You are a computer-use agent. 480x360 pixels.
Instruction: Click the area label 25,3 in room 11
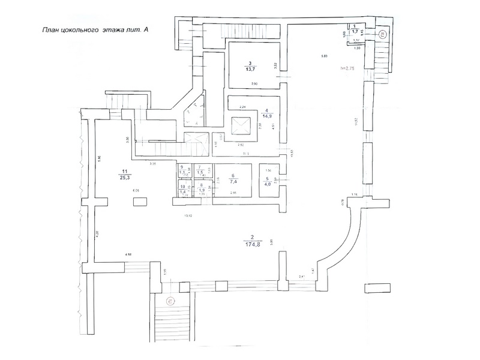pos(124,178)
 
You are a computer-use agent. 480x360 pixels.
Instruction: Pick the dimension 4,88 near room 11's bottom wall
pos(128,255)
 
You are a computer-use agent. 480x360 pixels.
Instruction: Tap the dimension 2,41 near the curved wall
pos(303,276)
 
